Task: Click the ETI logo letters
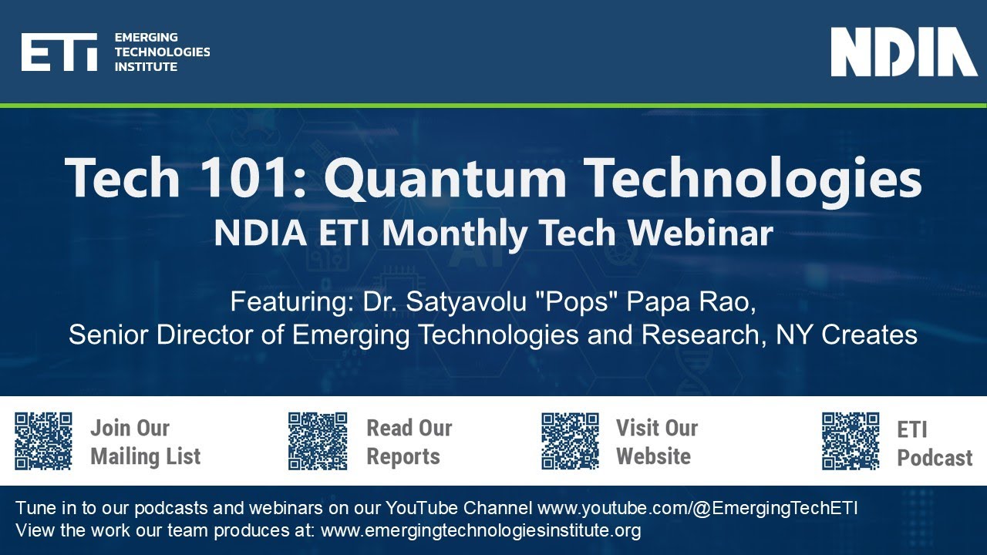(59, 52)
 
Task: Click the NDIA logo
(904, 52)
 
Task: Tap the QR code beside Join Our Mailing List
(44, 441)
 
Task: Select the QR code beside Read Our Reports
(318, 441)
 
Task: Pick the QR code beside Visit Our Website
(571, 441)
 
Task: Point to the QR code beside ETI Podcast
(851, 441)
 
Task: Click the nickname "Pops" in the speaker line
(581, 302)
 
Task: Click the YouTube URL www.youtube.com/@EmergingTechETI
(698, 509)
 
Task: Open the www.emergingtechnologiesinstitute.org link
(480, 530)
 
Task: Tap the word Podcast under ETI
(935, 458)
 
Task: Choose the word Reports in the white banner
(403, 456)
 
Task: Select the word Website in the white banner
(654, 456)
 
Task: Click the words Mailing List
(145, 456)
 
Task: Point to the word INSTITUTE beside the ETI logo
(146, 67)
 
